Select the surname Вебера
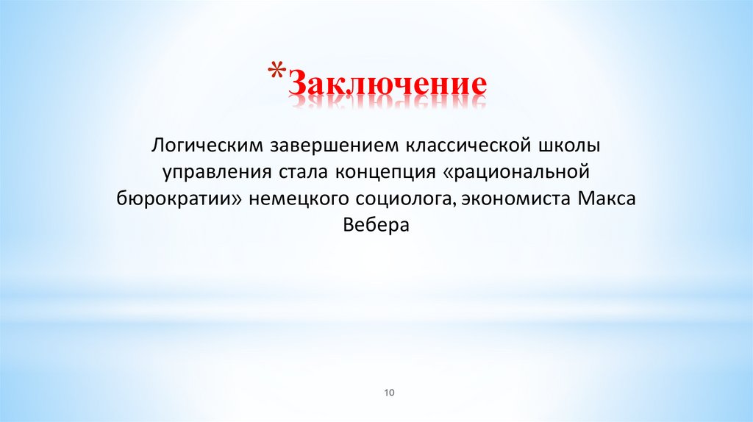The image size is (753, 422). click(x=376, y=225)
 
